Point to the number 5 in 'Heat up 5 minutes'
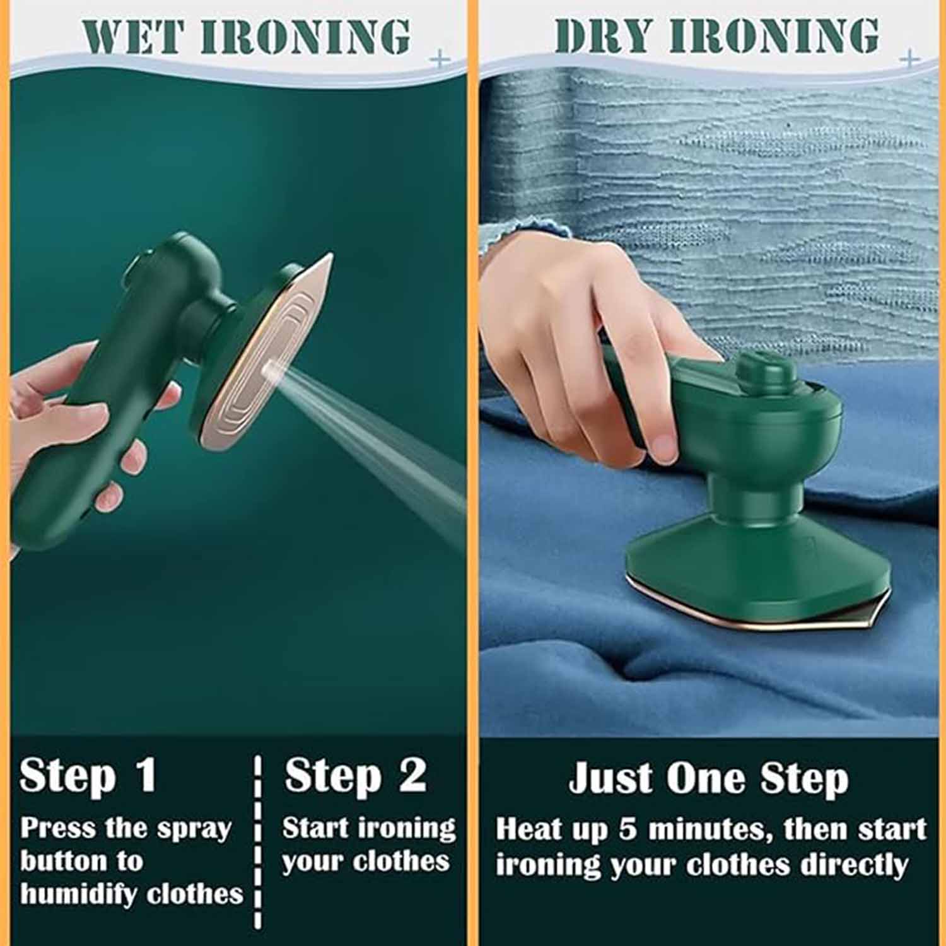coord(628,829)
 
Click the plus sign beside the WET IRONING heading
coord(440,60)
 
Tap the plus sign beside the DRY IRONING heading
coord(910,59)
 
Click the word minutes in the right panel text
coord(709,829)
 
